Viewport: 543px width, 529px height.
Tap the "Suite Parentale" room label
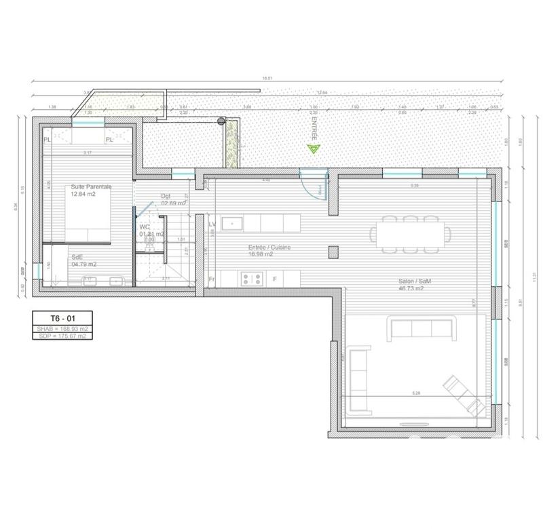[91, 187]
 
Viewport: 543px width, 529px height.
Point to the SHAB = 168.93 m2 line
[62, 328]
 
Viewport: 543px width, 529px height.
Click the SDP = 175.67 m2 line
[62, 336]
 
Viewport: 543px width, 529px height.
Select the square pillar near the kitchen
[333, 252]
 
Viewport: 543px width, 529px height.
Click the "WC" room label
[145, 227]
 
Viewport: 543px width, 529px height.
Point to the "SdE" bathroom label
[78, 257]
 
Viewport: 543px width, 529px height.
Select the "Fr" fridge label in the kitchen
[212, 278]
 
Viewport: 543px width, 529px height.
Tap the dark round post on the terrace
[221, 121]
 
